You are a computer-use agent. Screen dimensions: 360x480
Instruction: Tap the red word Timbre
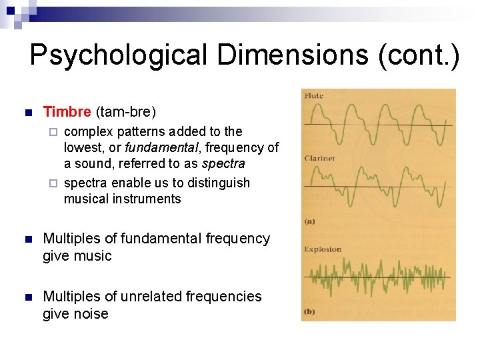tap(67, 111)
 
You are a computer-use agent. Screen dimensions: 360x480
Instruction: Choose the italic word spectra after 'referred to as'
tap(223, 163)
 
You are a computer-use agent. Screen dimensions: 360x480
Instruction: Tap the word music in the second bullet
tap(94, 256)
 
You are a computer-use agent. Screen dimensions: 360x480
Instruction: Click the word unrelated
tap(163, 296)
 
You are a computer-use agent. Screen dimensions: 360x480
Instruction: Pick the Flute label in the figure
tap(314, 96)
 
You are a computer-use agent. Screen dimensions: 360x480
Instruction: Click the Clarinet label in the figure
tap(319, 159)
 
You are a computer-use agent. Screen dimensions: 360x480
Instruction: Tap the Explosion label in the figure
tap(323, 249)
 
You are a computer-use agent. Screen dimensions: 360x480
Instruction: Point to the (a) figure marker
tap(310, 221)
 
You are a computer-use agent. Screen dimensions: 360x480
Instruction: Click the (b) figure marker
tap(310, 311)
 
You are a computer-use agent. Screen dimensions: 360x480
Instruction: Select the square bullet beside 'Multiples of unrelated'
tap(27, 297)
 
